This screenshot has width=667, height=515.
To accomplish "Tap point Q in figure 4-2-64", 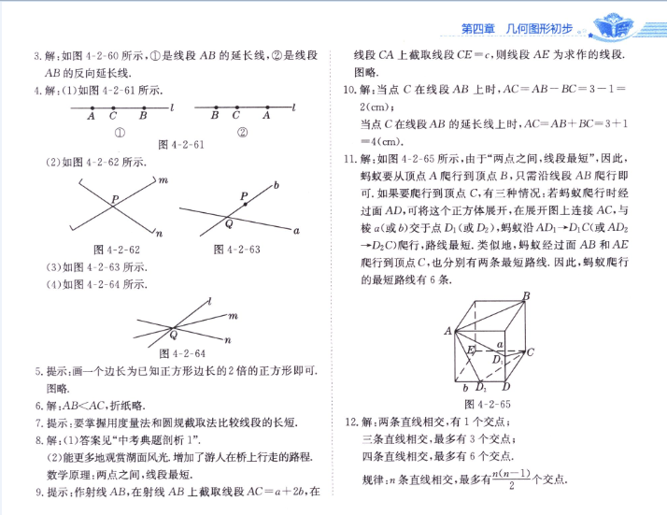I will click(x=172, y=333).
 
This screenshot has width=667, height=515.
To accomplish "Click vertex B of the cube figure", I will click(x=526, y=297).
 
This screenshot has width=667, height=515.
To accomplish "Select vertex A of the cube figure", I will click(x=448, y=330).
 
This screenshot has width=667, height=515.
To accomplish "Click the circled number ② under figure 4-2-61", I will click(x=242, y=132).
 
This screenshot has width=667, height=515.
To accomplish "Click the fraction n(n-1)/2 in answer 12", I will click(x=506, y=478).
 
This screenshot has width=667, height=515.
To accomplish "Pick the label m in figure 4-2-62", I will click(x=163, y=179).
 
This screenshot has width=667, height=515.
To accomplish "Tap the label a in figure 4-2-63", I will click(x=296, y=230).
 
